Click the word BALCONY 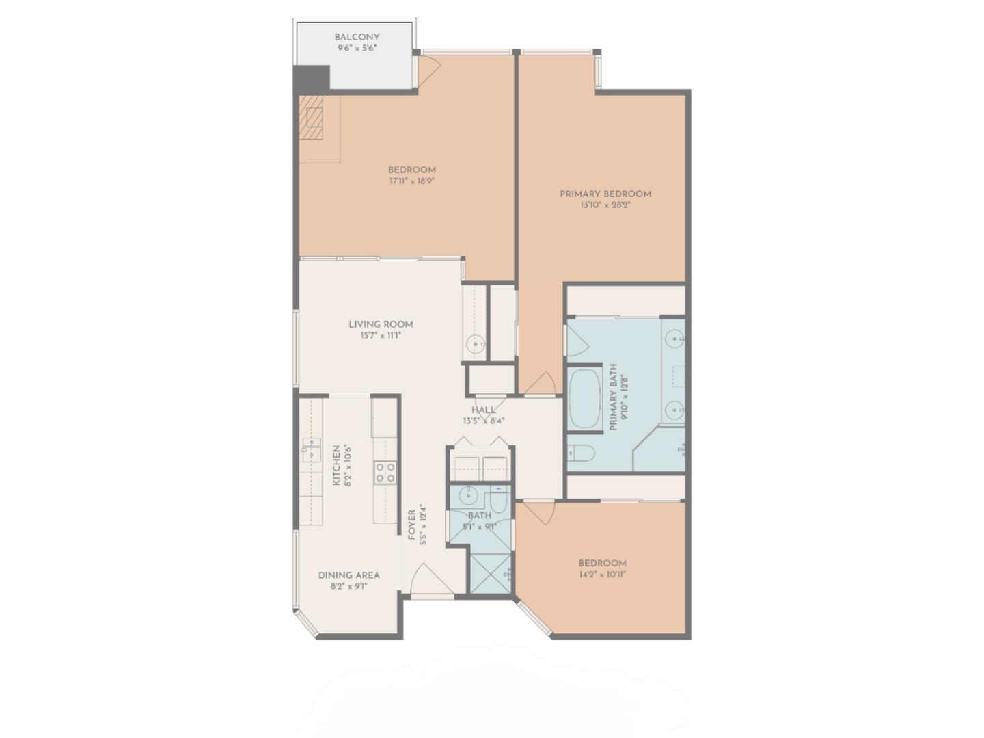(x=357, y=37)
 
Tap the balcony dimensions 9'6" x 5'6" (x=357, y=49)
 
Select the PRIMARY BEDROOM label (x=605, y=194)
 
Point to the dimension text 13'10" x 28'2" (x=605, y=205)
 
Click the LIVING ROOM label (x=381, y=324)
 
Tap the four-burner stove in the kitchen (x=385, y=472)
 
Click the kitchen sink (x=311, y=451)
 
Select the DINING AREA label (x=348, y=575)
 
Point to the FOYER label (x=412, y=525)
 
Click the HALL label (x=483, y=410)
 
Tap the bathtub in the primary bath (x=584, y=399)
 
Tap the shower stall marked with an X (x=489, y=573)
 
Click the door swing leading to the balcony (x=428, y=67)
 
